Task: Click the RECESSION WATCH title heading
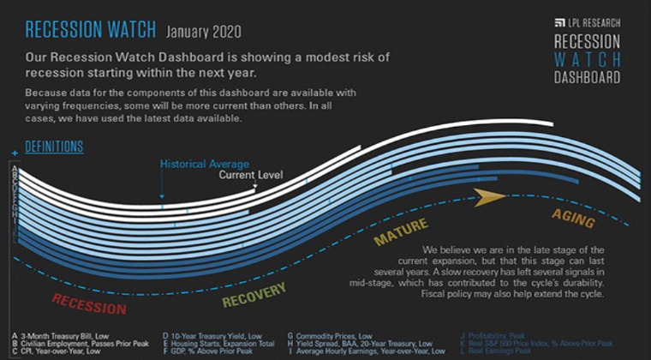click(88, 30)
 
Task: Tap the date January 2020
click(204, 32)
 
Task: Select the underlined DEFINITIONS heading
click(54, 147)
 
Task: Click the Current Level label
click(250, 175)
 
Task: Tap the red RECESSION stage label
click(89, 303)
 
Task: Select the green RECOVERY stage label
click(254, 294)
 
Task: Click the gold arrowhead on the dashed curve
click(489, 197)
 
